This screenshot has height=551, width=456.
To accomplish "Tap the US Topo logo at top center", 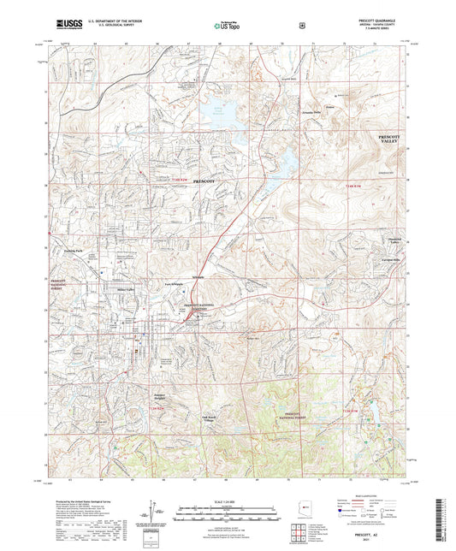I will tap(227, 26).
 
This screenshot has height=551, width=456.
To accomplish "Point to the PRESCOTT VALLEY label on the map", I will tap(390, 139).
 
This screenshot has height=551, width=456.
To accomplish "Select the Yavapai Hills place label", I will tap(391, 257).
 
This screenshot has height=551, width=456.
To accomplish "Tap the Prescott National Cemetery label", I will tap(203, 306).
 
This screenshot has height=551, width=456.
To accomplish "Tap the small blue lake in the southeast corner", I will tap(373, 418).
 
